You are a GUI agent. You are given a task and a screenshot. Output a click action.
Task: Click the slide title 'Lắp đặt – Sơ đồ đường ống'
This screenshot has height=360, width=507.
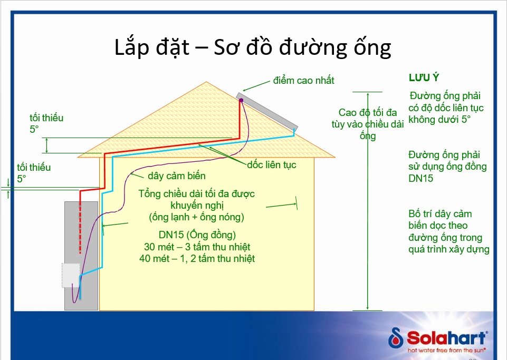point(253,47)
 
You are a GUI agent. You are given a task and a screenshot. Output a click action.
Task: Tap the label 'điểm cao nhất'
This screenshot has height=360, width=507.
point(304,81)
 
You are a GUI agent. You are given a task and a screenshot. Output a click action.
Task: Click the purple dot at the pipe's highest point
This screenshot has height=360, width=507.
point(241,100)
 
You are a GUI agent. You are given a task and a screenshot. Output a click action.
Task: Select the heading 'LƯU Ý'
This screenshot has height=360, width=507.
point(424,77)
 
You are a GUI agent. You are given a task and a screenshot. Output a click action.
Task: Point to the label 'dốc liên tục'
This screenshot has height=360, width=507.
point(272,165)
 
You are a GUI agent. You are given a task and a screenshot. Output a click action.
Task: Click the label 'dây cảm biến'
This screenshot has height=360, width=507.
point(177,176)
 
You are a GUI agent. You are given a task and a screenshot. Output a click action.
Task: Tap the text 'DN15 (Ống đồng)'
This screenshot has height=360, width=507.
point(197,235)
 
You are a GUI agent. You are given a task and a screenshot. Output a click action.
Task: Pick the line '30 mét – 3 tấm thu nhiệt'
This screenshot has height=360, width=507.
point(197,247)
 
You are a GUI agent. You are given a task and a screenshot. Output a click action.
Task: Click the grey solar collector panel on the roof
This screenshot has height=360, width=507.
point(269,112)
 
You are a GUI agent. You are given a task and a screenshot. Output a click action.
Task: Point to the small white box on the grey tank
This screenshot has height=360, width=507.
point(70,275)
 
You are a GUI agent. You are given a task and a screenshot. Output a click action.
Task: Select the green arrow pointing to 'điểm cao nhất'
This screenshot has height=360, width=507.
point(257,85)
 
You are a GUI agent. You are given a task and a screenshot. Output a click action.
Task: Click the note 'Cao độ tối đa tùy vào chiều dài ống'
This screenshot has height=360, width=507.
point(368,124)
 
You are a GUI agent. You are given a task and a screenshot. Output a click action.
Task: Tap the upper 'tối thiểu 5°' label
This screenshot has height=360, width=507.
point(46,123)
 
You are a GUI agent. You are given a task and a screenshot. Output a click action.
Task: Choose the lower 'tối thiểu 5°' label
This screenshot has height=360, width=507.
point(34,173)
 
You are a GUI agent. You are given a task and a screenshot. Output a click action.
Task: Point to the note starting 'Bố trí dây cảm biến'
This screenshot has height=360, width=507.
point(448,231)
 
